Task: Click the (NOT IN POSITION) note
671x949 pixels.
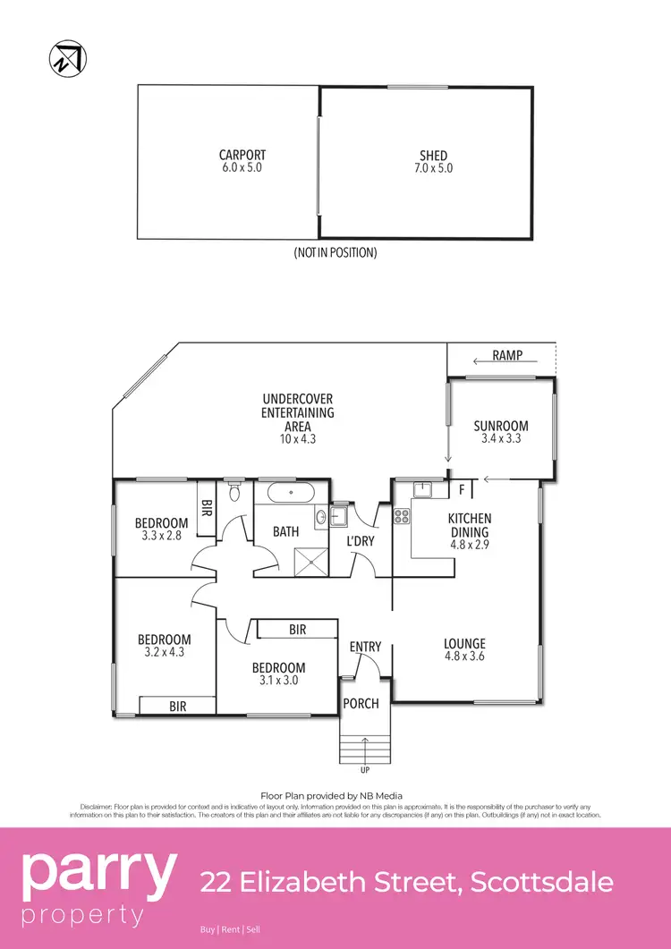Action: pos(335,253)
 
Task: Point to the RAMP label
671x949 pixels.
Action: pos(506,356)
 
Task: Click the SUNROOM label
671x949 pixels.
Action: pos(500,426)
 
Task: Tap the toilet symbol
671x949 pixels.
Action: pos(234,490)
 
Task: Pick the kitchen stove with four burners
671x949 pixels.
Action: pos(402,515)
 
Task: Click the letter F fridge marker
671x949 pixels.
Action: pos(461,489)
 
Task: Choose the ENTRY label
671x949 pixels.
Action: pos(365,647)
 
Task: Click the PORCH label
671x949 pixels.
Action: pos(361,704)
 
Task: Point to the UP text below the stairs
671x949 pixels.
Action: pos(364,770)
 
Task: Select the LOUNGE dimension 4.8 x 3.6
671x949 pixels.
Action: pos(464,657)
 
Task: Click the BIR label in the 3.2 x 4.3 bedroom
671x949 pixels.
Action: pos(178,707)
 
